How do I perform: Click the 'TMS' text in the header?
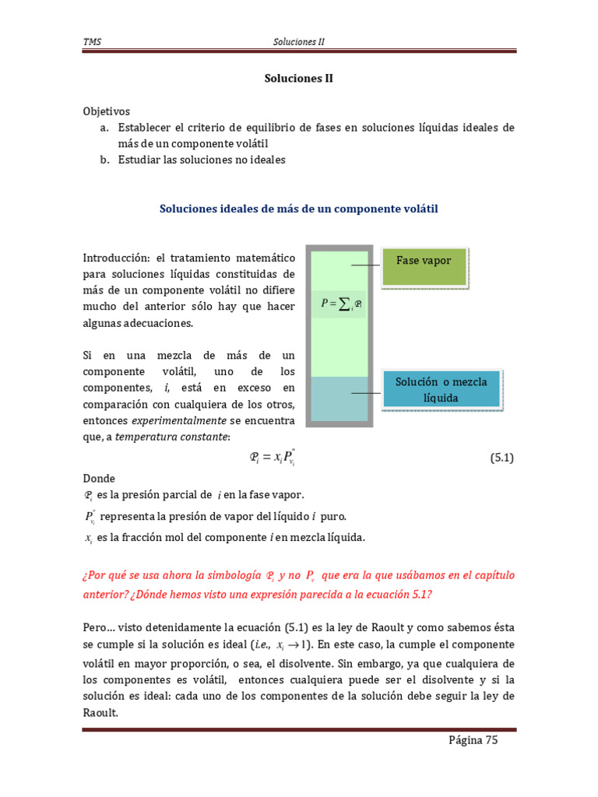click(92, 41)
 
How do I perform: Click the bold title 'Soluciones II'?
click(298, 79)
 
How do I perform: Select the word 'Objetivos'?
click(107, 111)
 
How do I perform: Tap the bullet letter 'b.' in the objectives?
click(104, 160)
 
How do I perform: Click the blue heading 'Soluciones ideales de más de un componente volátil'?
click(299, 209)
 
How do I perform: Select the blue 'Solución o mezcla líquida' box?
click(441, 390)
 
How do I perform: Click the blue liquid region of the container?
click(338, 399)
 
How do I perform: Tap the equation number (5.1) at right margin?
click(502, 458)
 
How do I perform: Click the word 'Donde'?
click(99, 479)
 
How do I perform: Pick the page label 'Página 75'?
click(473, 740)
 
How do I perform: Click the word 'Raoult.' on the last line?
click(100, 711)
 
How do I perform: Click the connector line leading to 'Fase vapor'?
click(366, 265)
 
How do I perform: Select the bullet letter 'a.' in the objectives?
click(104, 127)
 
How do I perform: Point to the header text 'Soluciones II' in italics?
click(299, 41)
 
